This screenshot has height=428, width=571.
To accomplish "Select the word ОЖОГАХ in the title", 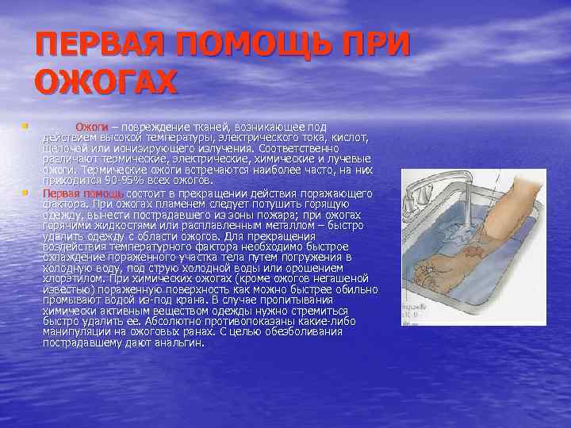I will pyautogui.click(x=107, y=82).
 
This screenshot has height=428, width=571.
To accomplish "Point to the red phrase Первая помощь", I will pyautogui.click(x=82, y=193).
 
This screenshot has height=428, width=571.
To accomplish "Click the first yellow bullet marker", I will pyautogui.click(x=25, y=125).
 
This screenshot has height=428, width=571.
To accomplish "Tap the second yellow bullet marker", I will pyautogui.click(x=25, y=192).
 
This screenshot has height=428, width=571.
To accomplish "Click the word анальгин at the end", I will pyautogui.click(x=179, y=343).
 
